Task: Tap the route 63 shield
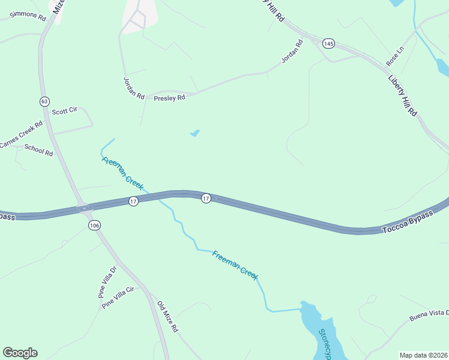coord(44,101)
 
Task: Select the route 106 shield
coord(94,225)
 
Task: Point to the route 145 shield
coord(328,43)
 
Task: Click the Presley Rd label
coord(169,98)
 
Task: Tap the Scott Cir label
coord(65,111)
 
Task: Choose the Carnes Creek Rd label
coord(21,135)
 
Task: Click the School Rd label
coord(39,151)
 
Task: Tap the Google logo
coord(20,352)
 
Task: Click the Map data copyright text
coord(424,355)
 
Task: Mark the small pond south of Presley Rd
coord(195,133)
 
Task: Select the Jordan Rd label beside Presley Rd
coord(134,88)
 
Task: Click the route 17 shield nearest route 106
coord(133,201)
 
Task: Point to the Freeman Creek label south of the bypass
coord(235,265)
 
